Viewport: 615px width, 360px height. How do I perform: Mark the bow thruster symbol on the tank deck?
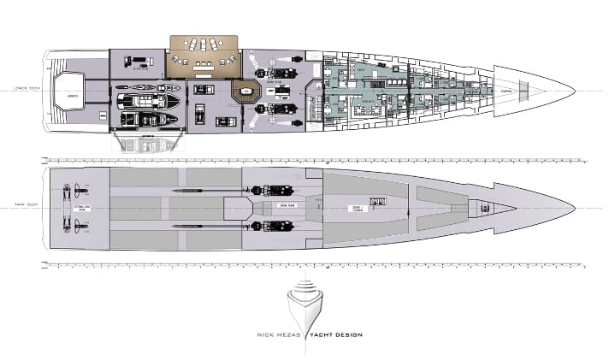pyautogui.click(x=483, y=208)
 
